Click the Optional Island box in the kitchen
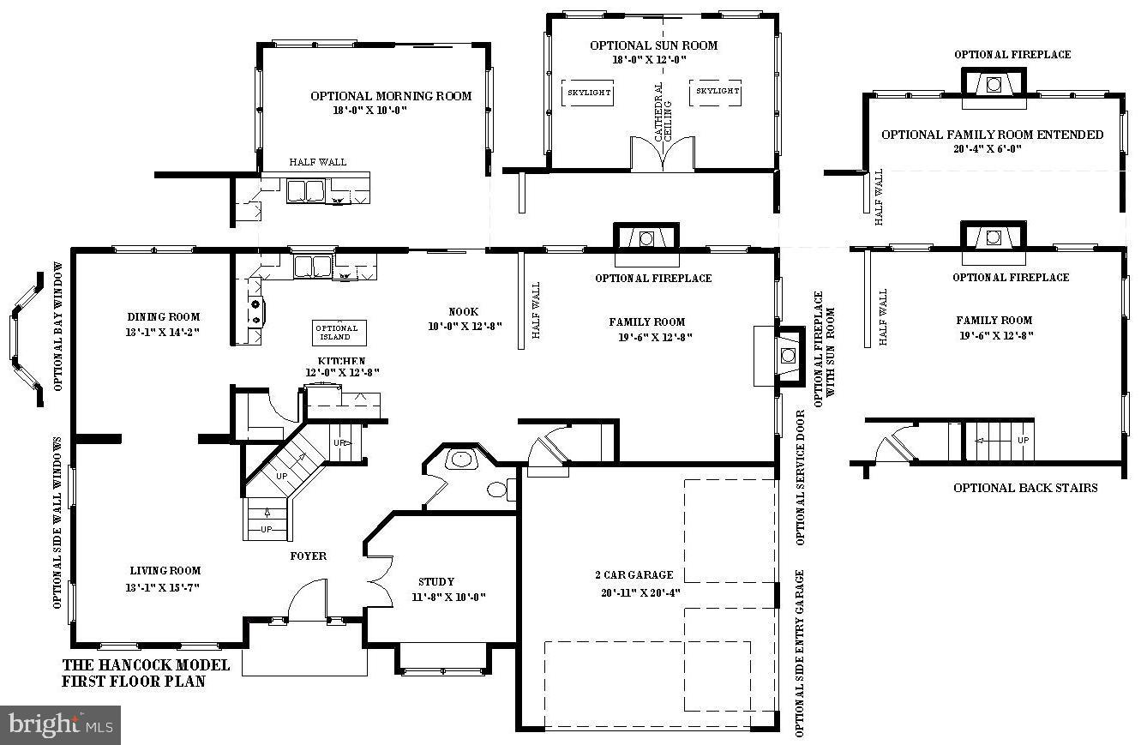pyautogui.click(x=339, y=333)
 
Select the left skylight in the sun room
pyautogui.click(x=587, y=92)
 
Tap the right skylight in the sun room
pyautogui.click(x=716, y=92)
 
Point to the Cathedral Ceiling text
pyautogui.click(x=663, y=112)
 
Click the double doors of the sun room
pyautogui.click(x=663, y=154)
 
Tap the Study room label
pyautogui.click(x=436, y=581)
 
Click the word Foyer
pyautogui.click(x=308, y=556)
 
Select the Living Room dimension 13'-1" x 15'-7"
pyautogui.click(x=165, y=587)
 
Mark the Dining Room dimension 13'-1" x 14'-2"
pyautogui.click(x=163, y=332)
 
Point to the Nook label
pyautogui.click(x=463, y=312)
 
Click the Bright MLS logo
pyautogui.click(x=60, y=725)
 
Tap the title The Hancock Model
pyautogui.click(x=147, y=665)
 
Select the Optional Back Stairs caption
pyautogui.click(x=1025, y=488)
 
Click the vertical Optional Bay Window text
pyautogui.click(x=59, y=326)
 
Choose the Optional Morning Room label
pyautogui.click(x=391, y=96)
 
